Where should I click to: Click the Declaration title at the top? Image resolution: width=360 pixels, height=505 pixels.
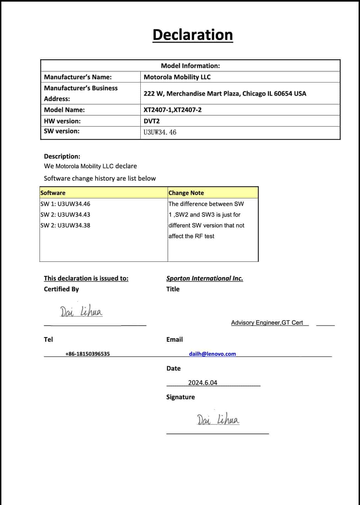coord(193,35)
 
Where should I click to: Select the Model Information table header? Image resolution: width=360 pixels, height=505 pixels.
coord(190,66)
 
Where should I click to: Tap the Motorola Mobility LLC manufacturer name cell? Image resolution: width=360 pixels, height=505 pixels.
coord(177,77)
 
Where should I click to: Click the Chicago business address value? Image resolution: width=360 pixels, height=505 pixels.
coord(225,94)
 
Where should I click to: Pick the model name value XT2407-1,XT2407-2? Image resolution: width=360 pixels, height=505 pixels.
coord(173,110)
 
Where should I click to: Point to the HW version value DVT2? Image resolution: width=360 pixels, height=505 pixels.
coord(152,121)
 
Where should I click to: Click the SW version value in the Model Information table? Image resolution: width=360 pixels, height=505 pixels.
coord(160,132)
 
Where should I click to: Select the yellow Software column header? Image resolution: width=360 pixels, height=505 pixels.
coord(53,193)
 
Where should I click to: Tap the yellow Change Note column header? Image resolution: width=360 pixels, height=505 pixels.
coord(186,193)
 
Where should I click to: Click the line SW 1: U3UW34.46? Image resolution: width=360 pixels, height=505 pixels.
coord(65,204)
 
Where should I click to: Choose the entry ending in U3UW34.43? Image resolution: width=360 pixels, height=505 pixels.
coord(65,215)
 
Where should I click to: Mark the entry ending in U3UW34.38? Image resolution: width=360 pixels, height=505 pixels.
coord(65,226)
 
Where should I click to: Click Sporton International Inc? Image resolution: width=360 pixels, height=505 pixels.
coord(204,278)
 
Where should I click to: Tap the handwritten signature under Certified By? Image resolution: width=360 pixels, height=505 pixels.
coord(81,312)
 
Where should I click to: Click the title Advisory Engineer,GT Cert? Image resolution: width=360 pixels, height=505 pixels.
coord(267,323)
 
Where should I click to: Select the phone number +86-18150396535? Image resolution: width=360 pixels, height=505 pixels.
coord(88,354)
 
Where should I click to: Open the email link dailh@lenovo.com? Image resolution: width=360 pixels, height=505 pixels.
coord(212,354)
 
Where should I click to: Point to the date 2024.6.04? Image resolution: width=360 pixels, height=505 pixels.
coord(203,383)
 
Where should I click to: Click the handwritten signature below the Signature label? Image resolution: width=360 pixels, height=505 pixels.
coord(218,419)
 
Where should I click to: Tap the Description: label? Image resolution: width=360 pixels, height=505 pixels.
coord(62,156)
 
